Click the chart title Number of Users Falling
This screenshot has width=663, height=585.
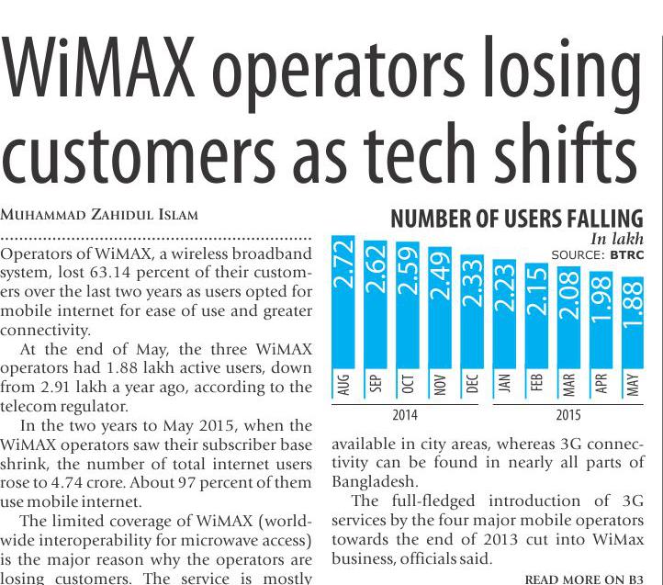coord(516,219)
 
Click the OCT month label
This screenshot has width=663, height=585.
coord(410,384)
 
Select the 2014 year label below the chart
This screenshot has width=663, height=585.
coord(404,415)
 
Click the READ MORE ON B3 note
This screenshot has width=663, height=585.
coord(582,579)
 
